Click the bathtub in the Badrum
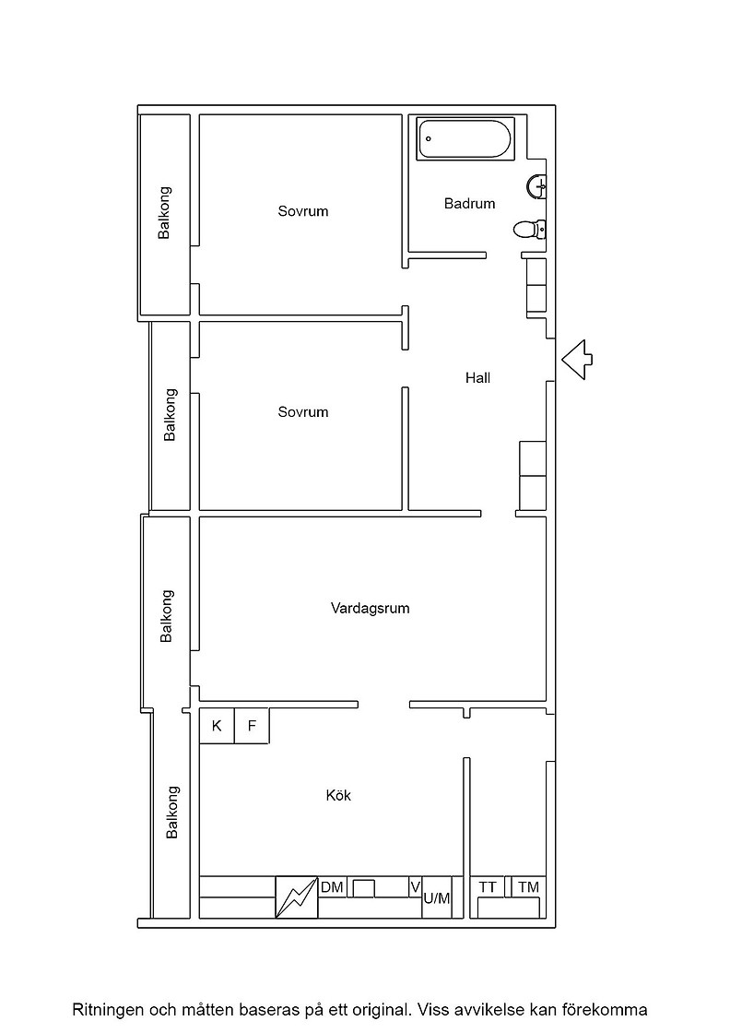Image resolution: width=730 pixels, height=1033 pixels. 465,138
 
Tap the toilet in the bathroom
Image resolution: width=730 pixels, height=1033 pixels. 529,230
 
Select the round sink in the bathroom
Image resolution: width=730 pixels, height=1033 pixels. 536,186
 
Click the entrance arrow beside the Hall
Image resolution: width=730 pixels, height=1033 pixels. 577,360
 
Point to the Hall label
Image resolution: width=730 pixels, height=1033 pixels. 477,378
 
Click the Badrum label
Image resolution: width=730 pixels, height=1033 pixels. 469,204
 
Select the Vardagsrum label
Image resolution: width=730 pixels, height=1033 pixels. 370,608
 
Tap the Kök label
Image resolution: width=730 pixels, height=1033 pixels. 338,795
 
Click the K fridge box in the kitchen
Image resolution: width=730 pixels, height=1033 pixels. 217,726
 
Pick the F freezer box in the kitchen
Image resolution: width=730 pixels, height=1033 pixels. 252,726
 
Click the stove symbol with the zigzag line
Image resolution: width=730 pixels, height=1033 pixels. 296,896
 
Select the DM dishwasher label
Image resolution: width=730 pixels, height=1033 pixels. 332,887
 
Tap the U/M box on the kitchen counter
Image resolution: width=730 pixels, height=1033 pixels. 436,896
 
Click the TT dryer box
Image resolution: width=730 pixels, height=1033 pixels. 488,886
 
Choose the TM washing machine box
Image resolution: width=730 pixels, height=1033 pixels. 528,886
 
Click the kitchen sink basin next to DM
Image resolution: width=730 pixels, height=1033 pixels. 364,888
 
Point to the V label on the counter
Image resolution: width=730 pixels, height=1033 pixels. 415,887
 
